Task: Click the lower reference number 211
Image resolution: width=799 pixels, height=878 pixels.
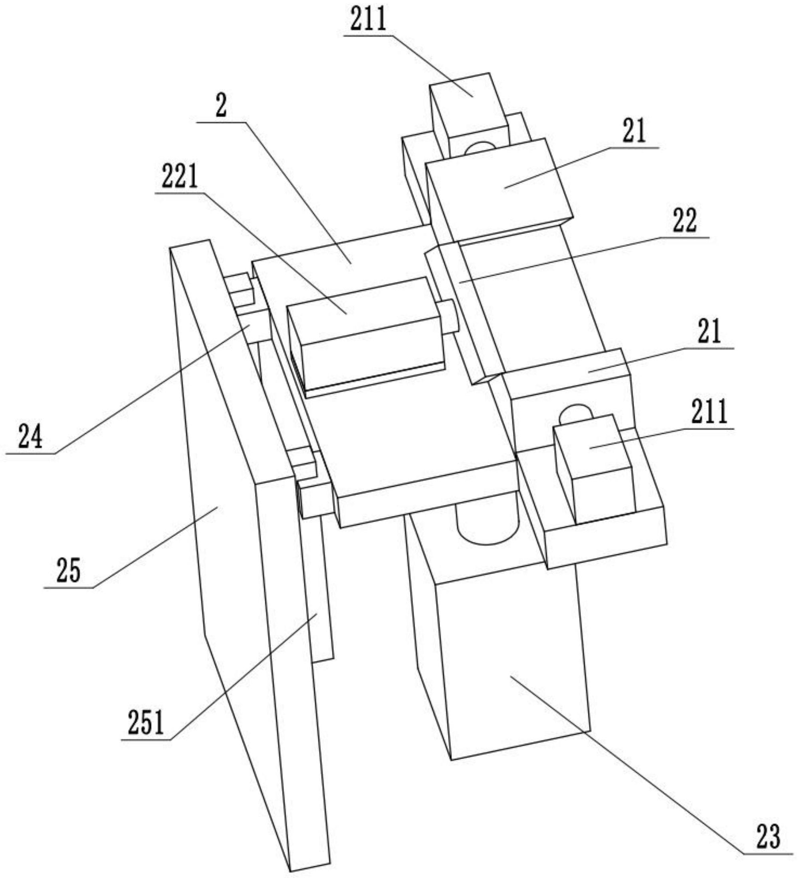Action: pos(709,411)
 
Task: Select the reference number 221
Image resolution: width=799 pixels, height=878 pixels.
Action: pos(180,176)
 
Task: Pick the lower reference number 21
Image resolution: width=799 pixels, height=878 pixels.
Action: pos(710,331)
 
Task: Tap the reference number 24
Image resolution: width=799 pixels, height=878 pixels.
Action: pos(30,437)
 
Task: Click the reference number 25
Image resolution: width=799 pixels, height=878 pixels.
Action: pos(68,571)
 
